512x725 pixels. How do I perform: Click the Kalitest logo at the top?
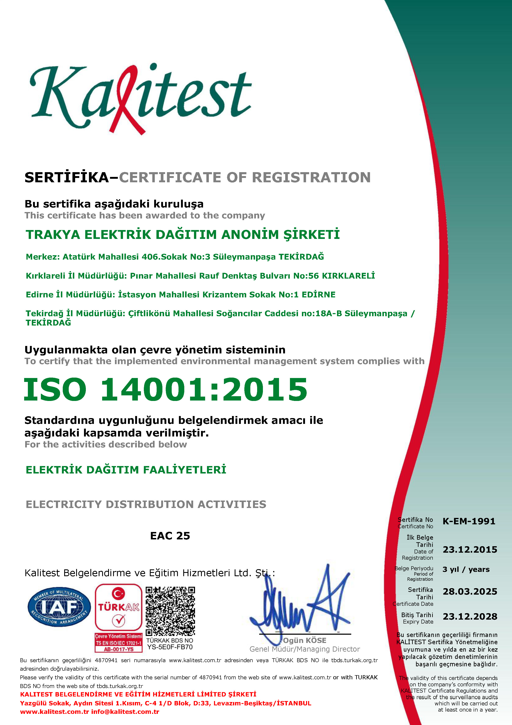(140, 98)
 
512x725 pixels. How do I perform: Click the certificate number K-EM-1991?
(469, 521)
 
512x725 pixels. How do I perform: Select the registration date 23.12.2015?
(470, 550)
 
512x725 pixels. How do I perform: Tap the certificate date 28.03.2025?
(470, 591)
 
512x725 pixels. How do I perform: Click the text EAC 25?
(170, 536)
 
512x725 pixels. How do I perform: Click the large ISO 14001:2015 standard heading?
(166, 389)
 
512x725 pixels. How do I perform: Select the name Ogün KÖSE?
(305, 640)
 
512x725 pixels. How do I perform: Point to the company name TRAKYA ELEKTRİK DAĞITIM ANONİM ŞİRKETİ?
(183, 235)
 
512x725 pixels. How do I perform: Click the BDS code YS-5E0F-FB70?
(170, 647)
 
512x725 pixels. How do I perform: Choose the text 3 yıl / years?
(466, 569)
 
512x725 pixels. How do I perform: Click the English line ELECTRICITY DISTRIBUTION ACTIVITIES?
(146, 504)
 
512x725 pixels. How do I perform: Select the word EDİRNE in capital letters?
(318, 295)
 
